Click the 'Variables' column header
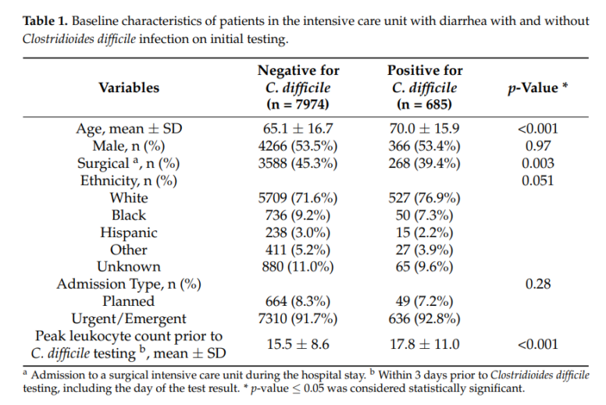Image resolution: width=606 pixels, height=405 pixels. [x=129, y=88]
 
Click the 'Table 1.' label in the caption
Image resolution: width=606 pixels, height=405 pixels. [x=42, y=20]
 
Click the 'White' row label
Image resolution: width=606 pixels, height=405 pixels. [x=129, y=197]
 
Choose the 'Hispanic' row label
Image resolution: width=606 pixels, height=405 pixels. [x=129, y=233]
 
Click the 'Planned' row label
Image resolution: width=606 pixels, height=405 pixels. [x=129, y=301]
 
